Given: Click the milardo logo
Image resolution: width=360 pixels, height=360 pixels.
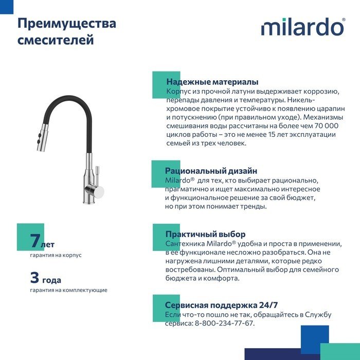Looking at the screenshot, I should pyautogui.click(x=303, y=27).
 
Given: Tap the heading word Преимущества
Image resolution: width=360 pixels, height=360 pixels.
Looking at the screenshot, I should pyautogui.click(x=67, y=24).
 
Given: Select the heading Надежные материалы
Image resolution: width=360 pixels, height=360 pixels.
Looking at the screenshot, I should pyautogui.click(x=212, y=82).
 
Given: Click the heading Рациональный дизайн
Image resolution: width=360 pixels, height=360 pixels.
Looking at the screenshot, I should pyautogui.click(x=211, y=171).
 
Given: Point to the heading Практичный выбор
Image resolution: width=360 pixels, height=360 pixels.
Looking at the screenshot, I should pyautogui.click(x=205, y=234).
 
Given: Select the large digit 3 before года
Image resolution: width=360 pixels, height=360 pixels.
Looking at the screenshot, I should pyautogui.click(x=35, y=278).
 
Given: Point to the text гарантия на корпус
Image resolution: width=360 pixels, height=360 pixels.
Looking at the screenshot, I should pyautogui.click(x=56, y=255).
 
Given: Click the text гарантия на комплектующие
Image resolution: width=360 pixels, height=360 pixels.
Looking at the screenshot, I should pyautogui.click(x=68, y=291).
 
